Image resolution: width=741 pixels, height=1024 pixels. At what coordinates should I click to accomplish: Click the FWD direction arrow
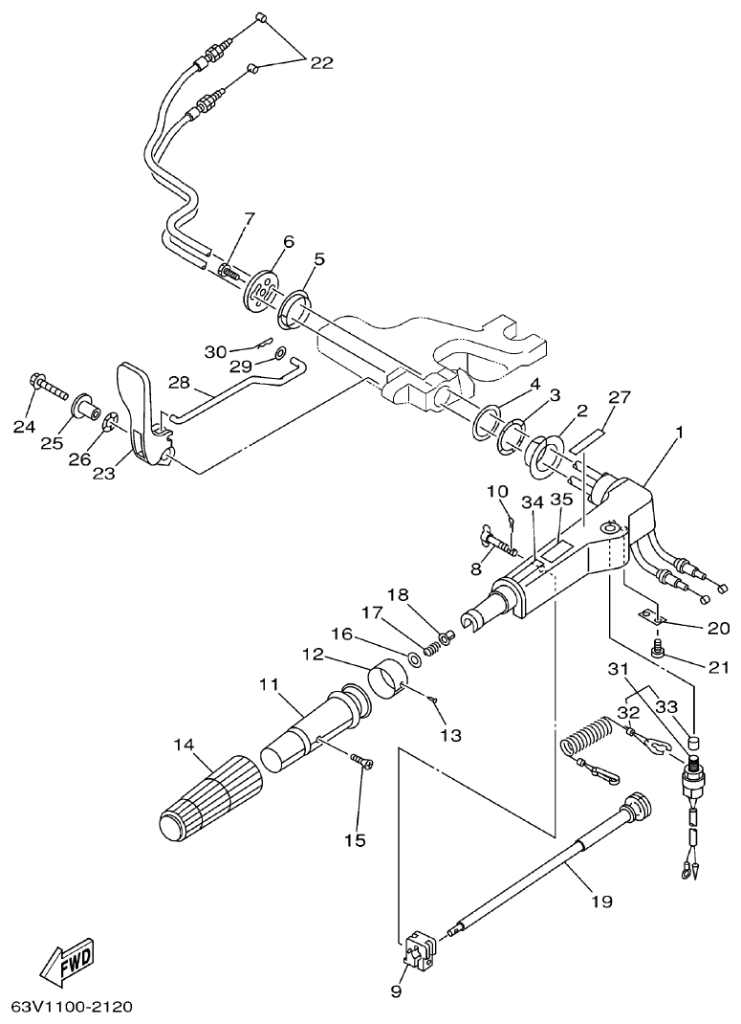tap(70, 964)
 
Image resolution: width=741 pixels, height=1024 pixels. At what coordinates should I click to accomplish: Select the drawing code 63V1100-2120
tap(72, 1007)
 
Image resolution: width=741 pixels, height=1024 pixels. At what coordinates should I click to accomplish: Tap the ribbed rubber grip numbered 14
tap(211, 795)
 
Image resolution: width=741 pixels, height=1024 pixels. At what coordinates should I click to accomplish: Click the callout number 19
tap(601, 901)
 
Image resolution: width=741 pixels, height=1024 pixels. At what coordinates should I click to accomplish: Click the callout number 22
tap(321, 62)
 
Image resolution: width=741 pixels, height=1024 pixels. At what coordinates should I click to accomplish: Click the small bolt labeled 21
tap(658, 651)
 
